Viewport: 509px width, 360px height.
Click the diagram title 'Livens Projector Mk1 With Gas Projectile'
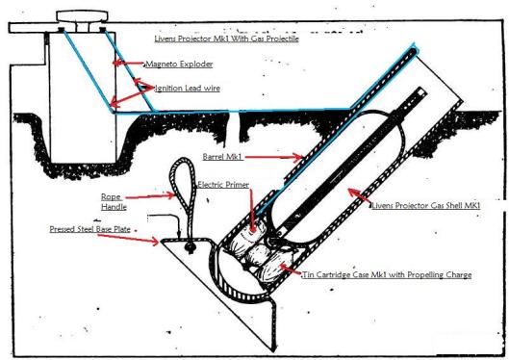(x=226, y=39)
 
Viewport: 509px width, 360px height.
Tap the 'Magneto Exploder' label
(x=179, y=64)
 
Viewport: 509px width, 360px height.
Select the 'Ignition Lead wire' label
(x=188, y=89)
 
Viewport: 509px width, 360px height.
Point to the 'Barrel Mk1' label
(x=222, y=157)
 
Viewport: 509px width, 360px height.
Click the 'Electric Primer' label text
(x=223, y=185)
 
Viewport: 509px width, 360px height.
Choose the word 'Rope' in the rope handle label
(x=111, y=197)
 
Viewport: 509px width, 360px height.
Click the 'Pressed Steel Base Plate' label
(x=89, y=229)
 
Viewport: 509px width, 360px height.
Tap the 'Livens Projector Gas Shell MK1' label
(x=426, y=205)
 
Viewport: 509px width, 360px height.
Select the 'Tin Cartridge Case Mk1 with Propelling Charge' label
(x=387, y=275)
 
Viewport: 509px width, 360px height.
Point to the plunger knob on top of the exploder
(x=82, y=15)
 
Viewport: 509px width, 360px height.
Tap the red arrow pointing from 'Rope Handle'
(x=150, y=196)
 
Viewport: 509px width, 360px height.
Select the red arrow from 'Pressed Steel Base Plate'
(x=128, y=238)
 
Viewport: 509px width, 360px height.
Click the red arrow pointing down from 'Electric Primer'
(x=252, y=211)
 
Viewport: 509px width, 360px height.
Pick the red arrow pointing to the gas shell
(x=359, y=195)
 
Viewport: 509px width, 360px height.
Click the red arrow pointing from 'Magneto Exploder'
(x=128, y=63)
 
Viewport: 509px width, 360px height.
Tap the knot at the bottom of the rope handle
(x=190, y=247)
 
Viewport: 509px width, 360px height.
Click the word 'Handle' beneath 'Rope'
(x=114, y=207)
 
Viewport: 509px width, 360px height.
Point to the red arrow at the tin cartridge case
(x=291, y=270)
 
